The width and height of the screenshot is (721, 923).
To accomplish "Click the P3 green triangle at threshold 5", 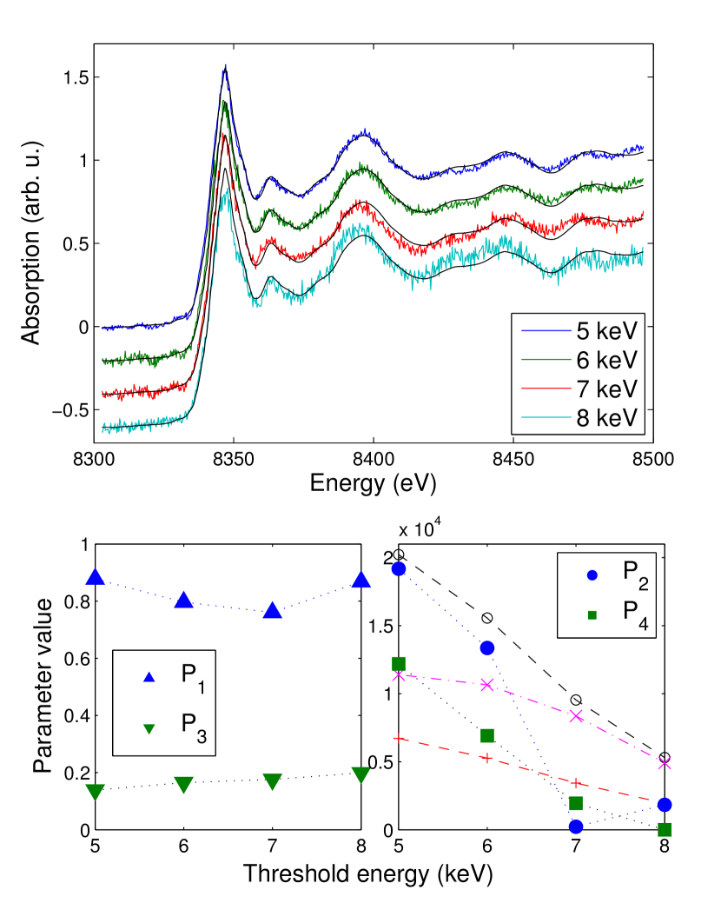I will tap(96, 791).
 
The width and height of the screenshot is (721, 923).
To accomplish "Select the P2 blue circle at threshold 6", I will tap(486, 647).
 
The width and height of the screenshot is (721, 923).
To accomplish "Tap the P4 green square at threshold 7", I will tap(575, 803).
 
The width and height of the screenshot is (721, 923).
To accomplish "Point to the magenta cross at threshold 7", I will tap(575, 716).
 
